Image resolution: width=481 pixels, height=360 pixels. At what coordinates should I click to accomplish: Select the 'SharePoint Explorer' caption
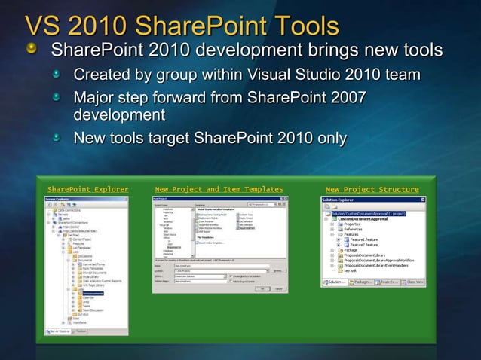coord(87,189)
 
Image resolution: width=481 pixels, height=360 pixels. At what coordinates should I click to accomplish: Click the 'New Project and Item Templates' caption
coord(219,189)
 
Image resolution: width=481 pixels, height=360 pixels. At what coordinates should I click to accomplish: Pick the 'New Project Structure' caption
coord(372,189)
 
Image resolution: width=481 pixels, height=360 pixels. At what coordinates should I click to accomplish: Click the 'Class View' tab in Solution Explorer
coord(411,282)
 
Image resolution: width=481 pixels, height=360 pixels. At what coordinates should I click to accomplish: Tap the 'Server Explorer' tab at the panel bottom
coord(59,331)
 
